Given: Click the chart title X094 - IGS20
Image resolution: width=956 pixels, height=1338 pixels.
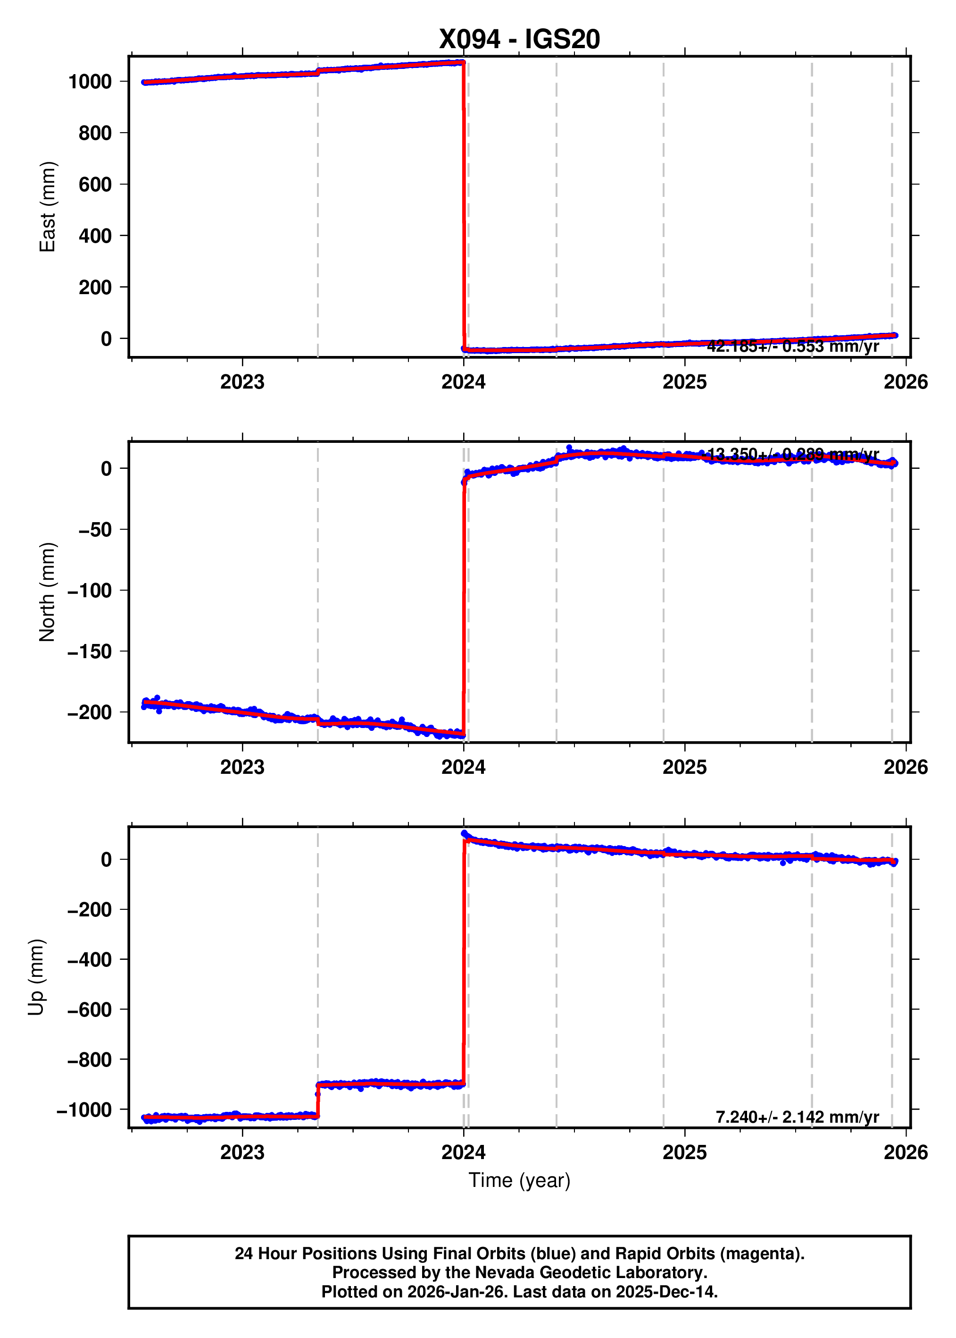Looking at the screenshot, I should pos(519,39).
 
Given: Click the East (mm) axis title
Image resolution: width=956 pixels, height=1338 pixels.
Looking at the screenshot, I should pos(47,207).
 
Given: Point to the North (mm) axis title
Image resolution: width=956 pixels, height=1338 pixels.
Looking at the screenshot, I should pos(47,592).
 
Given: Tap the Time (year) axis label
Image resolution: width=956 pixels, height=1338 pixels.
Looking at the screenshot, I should pos(519,1180).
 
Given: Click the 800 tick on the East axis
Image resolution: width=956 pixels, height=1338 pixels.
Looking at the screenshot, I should pos(95,133).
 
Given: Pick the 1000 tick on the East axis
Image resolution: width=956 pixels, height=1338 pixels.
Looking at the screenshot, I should pos(90,82).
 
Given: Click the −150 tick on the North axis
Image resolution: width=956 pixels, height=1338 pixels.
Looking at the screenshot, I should pos(90,652).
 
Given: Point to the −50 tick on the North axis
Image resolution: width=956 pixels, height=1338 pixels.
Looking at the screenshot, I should pos(95,530).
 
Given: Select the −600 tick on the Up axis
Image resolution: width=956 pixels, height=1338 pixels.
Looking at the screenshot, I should pos(90,1010).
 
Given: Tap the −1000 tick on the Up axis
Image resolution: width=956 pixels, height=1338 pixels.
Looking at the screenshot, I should pos(84,1110).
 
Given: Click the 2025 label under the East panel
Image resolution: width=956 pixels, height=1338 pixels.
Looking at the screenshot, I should pos(685,382).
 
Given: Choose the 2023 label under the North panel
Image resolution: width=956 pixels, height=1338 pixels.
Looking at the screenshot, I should pos(242,767).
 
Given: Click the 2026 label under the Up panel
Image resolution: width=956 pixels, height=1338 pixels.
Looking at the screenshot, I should pos(906,1152).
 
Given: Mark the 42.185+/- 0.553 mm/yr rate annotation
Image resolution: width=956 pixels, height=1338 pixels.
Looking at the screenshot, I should pos(792,347).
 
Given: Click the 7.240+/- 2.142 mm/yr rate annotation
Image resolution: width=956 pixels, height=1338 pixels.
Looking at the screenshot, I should pos(797,1117).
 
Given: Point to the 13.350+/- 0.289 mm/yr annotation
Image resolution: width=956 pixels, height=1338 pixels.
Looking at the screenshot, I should pos(792,454).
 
